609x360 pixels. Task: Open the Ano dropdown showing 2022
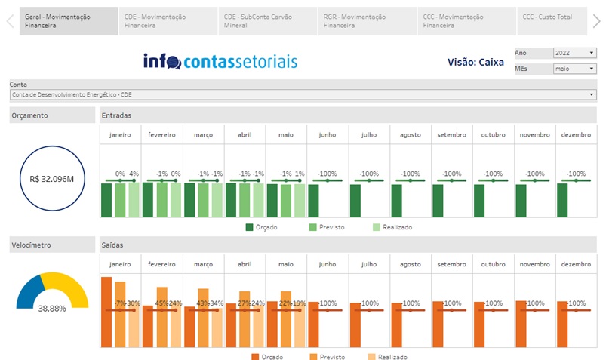(x=574, y=53)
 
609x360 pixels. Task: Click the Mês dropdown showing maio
(x=574, y=69)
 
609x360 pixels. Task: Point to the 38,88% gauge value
(x=52, y=308)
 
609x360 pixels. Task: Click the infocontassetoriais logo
(x=220, y=61)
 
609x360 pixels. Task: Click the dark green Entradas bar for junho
(x=313, y=200)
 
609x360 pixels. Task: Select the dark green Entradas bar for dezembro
(x=562, y=200)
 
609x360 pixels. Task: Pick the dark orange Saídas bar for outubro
(x=479, y=325)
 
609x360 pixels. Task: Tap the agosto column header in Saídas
(x=411, y=264)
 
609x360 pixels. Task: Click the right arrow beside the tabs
(x=596, y=21)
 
